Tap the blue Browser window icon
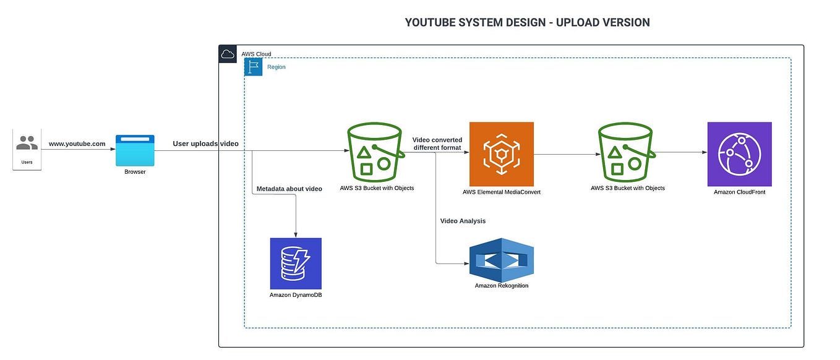135,150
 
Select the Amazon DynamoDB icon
296,263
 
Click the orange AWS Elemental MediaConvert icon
501,154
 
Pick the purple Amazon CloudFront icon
739,154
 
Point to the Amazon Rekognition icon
501,260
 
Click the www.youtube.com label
77,144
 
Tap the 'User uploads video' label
205,144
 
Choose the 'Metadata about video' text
289,189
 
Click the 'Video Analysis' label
463,221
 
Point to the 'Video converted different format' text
437,144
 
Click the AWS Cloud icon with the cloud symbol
228,54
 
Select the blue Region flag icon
254,67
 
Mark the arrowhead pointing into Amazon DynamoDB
296,235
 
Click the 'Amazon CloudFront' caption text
739,192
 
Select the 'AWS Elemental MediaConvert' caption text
501,192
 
